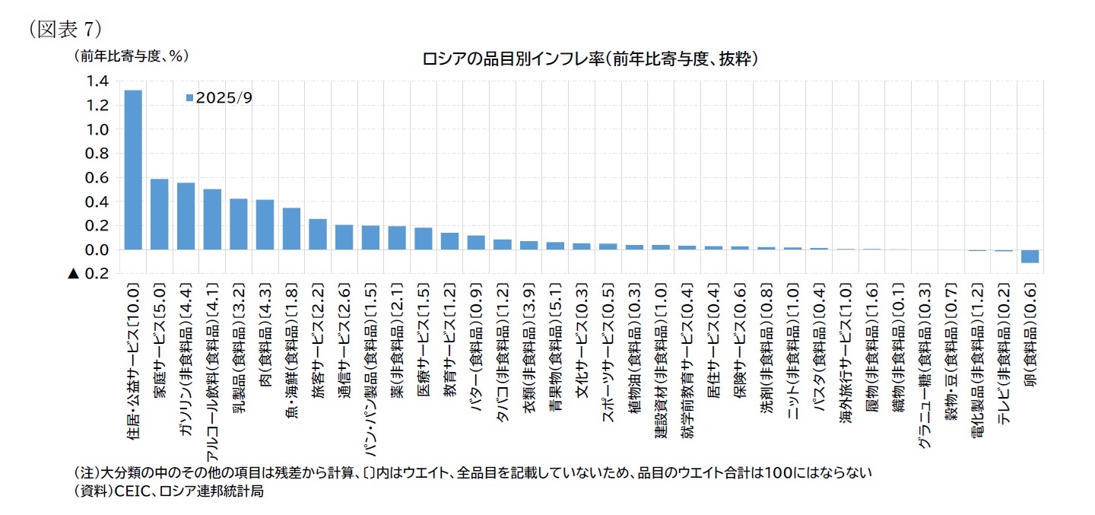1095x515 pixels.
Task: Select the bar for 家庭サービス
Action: point(160,214)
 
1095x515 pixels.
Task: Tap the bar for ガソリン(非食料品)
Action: point(186,216)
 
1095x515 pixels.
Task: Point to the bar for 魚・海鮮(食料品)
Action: point(291,228)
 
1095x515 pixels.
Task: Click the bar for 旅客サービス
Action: point(318,234)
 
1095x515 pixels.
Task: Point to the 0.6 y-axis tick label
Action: point(100,178)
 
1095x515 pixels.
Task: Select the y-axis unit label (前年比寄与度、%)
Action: point(130,56)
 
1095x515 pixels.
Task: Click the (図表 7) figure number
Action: point(65,29)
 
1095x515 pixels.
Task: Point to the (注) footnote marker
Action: point(86,472)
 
